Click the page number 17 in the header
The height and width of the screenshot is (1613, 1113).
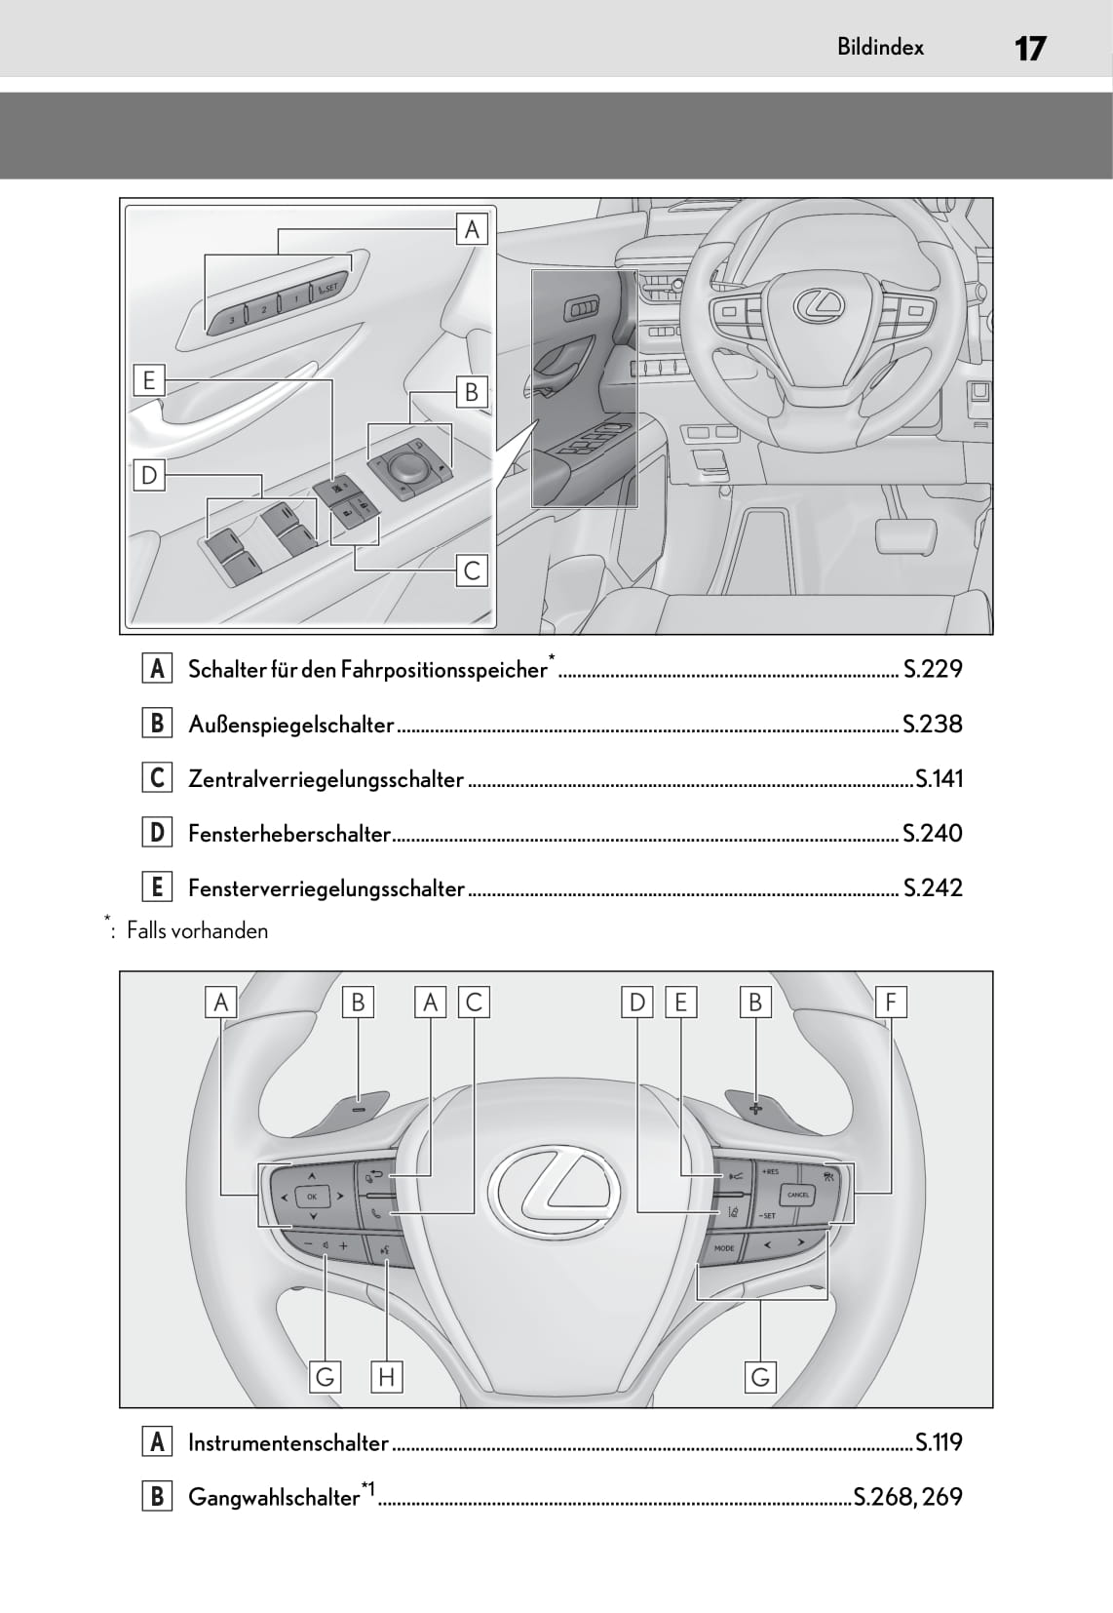coord(1029,48)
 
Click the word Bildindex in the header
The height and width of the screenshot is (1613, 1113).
coord(880,47)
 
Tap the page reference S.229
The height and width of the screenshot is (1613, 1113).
coord(933,669)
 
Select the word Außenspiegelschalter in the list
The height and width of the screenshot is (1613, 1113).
coord(290,725)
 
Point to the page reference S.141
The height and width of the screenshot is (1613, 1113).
coord(939,779)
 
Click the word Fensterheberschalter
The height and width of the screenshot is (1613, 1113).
coord(288,834)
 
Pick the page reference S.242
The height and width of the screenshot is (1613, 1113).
coord(933,888)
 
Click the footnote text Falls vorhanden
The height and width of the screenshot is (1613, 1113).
coord(197,930)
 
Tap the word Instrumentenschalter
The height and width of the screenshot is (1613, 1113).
coord(288,1442)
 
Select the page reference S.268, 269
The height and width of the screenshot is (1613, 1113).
coord(907,1497)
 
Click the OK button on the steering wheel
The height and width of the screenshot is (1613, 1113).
coord(312,1196)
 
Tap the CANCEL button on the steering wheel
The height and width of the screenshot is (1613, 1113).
coord(798,1195)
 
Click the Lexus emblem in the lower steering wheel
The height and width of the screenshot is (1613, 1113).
coord(555,1188)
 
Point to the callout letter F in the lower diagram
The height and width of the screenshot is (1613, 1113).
coord(891,1003)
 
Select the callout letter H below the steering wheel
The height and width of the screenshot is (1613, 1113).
coord(387,1377)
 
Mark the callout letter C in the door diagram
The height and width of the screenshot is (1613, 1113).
coord(472,570)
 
